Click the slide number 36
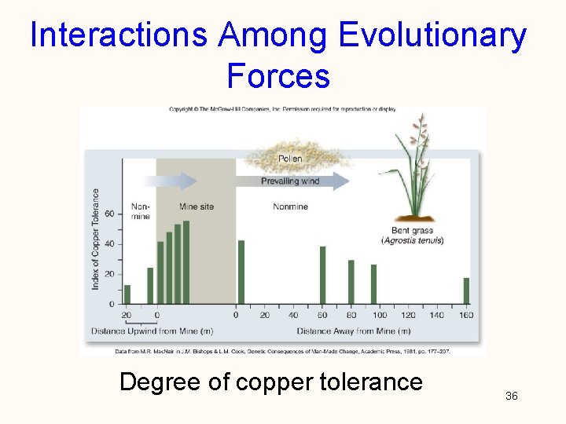click(x=511, y=396)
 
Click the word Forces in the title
click(x=277, y=76)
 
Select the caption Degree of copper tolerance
click(x=270, y=382)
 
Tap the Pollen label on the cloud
click(x=289, y=159)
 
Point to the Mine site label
click(x=196, y=207)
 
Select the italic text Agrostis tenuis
click(x=413, y=241)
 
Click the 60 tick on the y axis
click(x=109, y=214)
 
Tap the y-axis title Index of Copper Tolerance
click(x=96, y=239)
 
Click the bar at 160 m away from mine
click(x=466, y=291)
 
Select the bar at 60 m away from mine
click(x=322, y=275)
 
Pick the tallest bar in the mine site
click(x=186, y=262)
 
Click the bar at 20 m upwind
click(x=127, y=294)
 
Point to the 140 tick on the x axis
click(x=437, y=315)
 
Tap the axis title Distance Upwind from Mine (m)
click(x=151, y=331)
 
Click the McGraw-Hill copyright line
click(x=283, y=109)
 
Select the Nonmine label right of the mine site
click(x=290, y=207)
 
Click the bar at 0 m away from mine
click(x=241, y=272)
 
